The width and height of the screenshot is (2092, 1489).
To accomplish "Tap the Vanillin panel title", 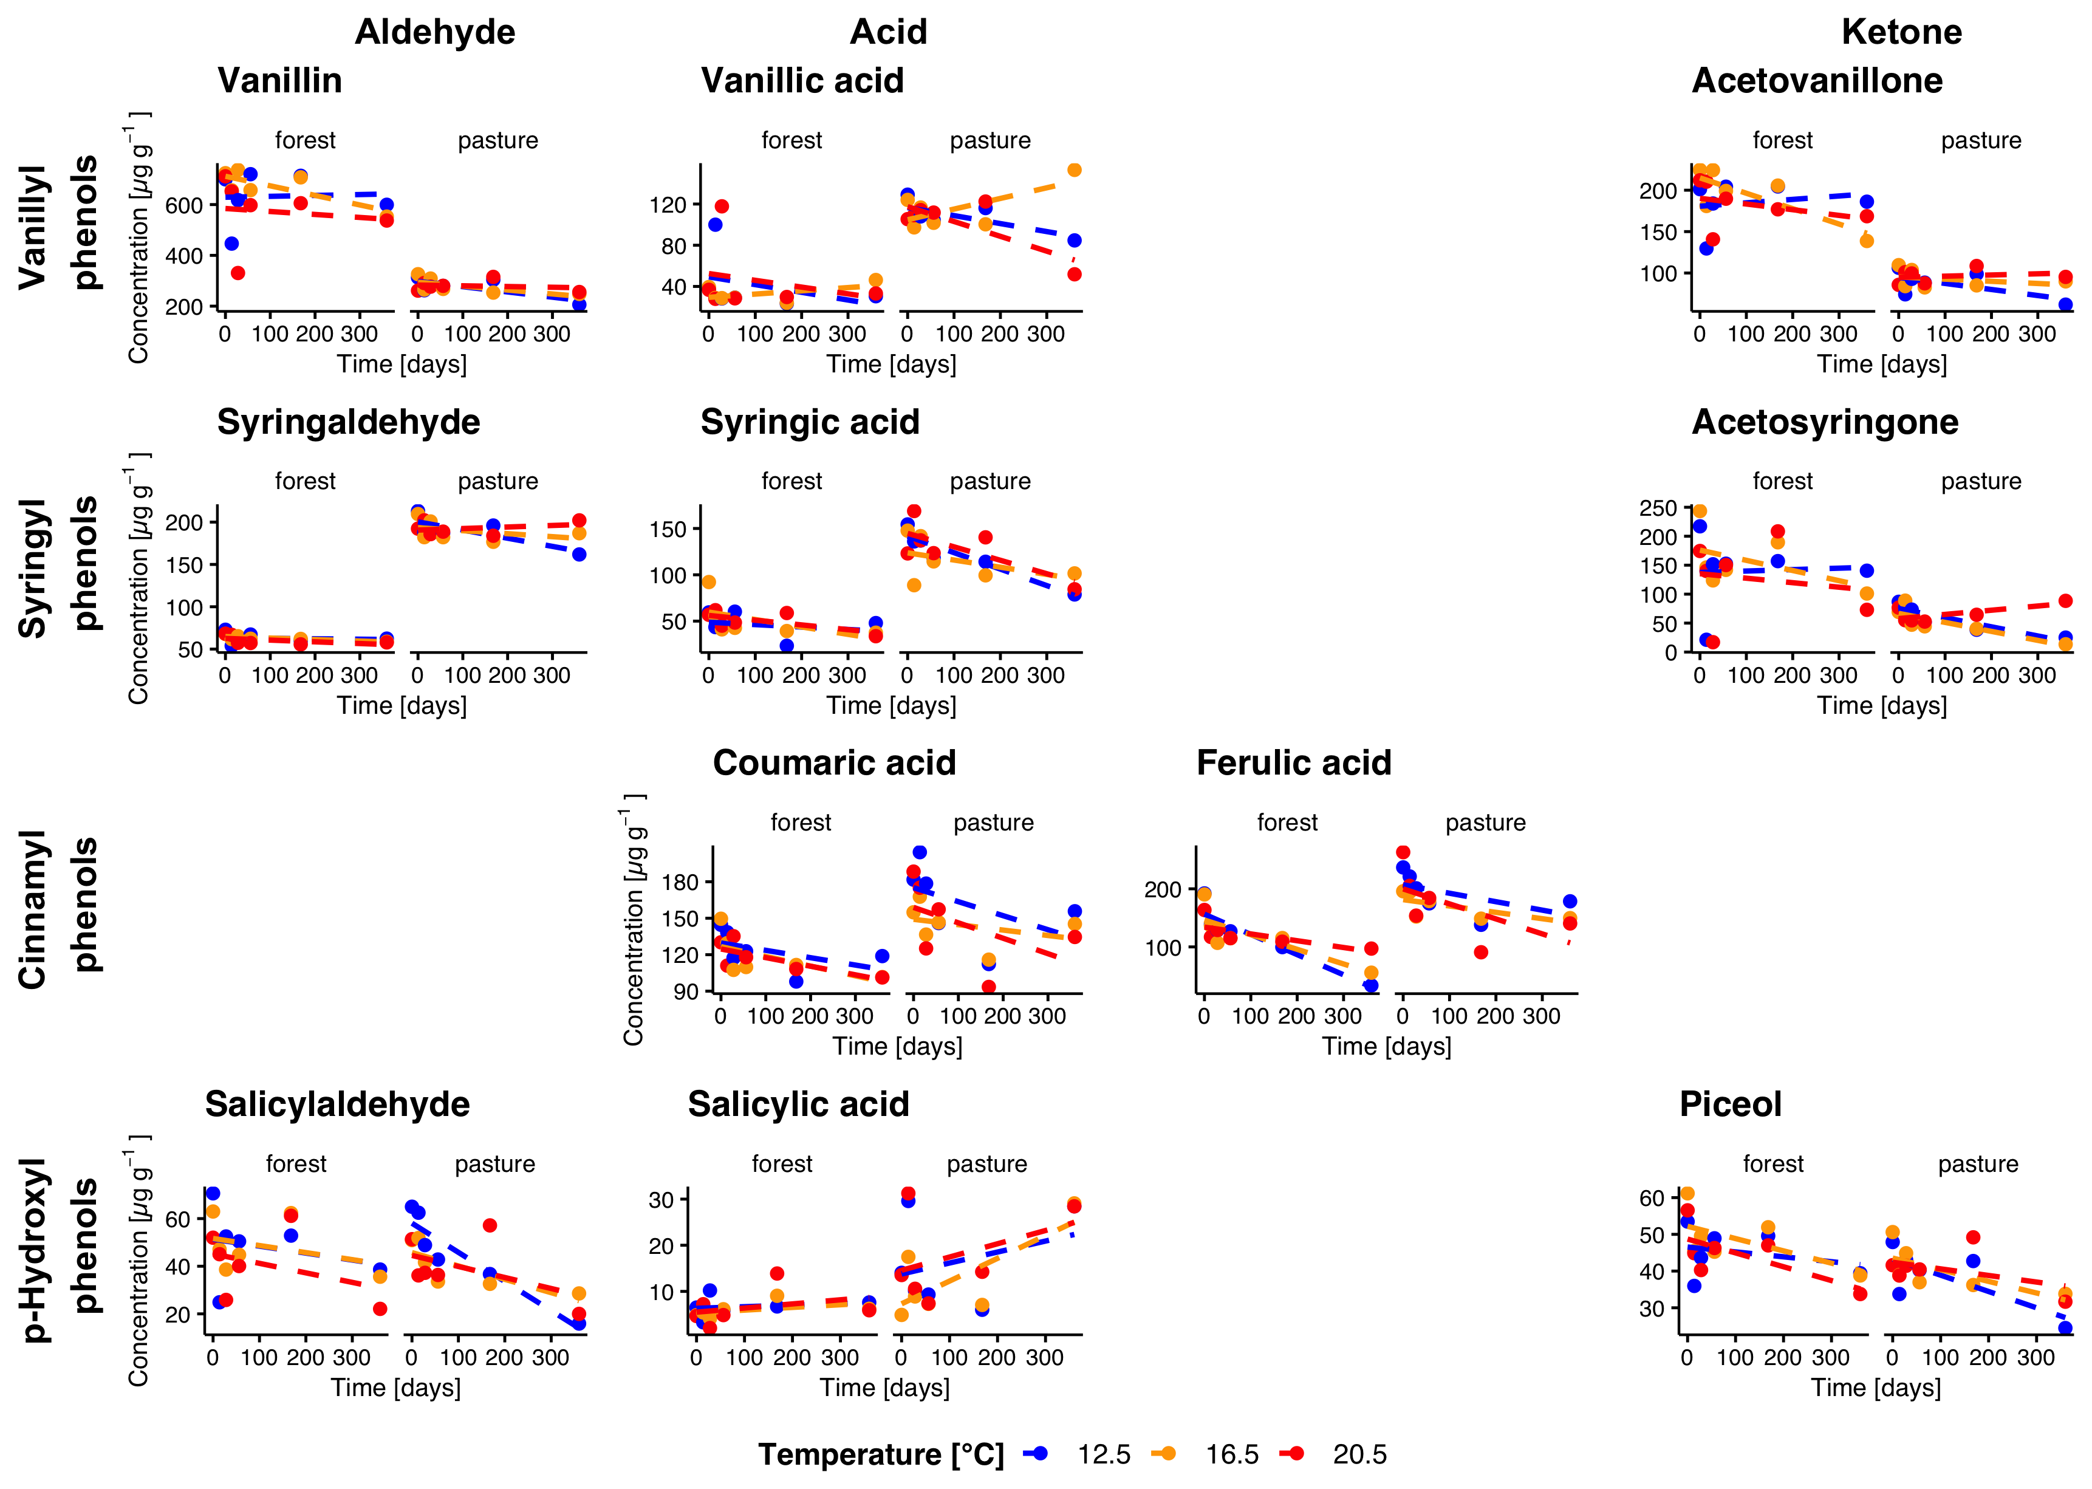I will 279,81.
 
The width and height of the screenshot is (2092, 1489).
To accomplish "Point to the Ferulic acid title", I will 1293,763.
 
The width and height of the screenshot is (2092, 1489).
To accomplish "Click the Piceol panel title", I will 1730,1104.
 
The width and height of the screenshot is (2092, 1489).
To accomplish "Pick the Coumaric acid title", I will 834,763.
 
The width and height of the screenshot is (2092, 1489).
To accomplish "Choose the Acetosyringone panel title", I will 1824,422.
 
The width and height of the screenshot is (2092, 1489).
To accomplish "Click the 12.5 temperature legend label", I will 1103,1455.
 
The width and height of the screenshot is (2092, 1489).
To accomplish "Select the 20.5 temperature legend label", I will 1359,1455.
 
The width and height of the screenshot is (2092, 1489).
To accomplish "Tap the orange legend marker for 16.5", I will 1164,1453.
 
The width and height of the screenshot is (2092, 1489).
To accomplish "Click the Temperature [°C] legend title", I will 881,1455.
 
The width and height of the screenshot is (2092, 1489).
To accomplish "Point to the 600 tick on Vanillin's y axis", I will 183,205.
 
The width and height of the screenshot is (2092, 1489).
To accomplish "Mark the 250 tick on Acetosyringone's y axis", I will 1658,508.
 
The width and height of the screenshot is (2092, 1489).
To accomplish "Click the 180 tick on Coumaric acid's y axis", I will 680,882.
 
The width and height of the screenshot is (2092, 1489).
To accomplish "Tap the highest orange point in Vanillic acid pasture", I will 1075,169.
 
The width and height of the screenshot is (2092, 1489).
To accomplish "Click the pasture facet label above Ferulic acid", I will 1485,823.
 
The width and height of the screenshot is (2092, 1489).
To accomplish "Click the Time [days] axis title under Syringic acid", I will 891,705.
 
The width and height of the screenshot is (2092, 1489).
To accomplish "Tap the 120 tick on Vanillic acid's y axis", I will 668,205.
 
